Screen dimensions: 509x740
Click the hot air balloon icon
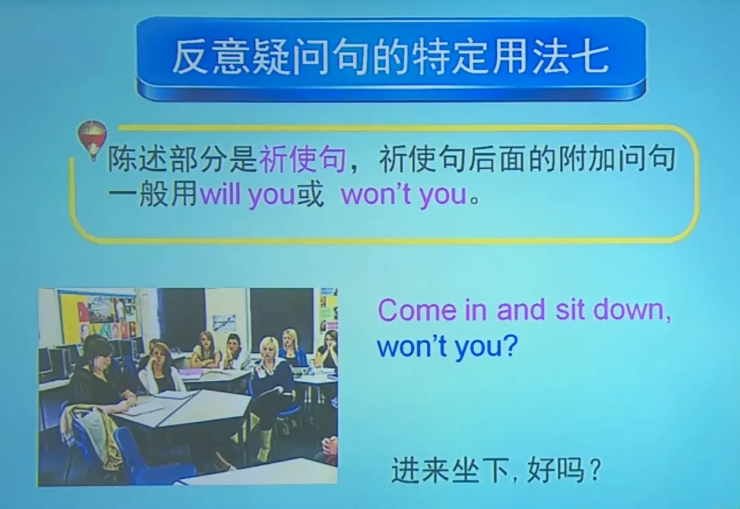(92, 139)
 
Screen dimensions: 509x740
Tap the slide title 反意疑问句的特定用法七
(390, 57)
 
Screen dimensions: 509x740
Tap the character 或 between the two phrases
(310, 196)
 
